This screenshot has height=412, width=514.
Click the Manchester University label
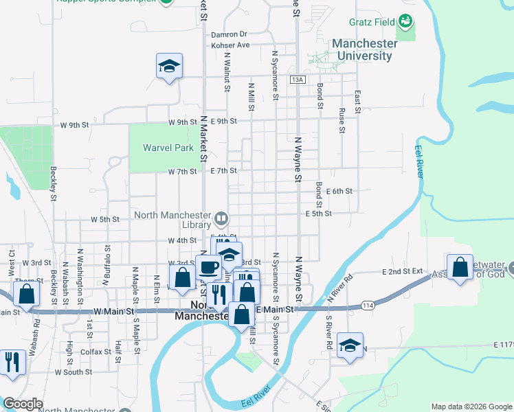pyautogui.click(x=364, y=49)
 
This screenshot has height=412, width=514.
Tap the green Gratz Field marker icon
pyautogui.click(x=406, y=23)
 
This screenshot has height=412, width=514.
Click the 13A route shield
pyautogui.click(x=297, y=80)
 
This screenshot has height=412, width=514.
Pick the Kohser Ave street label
pyautogui.click(x=230, y=45)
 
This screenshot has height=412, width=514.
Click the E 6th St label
pyautogui.click(x=339, y=192)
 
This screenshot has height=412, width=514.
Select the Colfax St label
pyautogui.click(x=96, y=352)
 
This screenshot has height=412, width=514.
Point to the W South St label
pyautogui.click(x=74, y=372)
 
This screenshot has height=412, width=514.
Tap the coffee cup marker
pyautogui.click(x=209, y=267)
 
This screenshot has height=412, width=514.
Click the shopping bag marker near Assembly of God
pyautogui.click(x=460, y=266)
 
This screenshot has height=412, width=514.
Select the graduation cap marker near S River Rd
pyautogui.click(x=350, y=345)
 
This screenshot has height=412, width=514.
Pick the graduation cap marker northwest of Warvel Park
pyautogui.click(x=169, y=66)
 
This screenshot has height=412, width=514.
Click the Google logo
pyautogui.click(x=23, y=404)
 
